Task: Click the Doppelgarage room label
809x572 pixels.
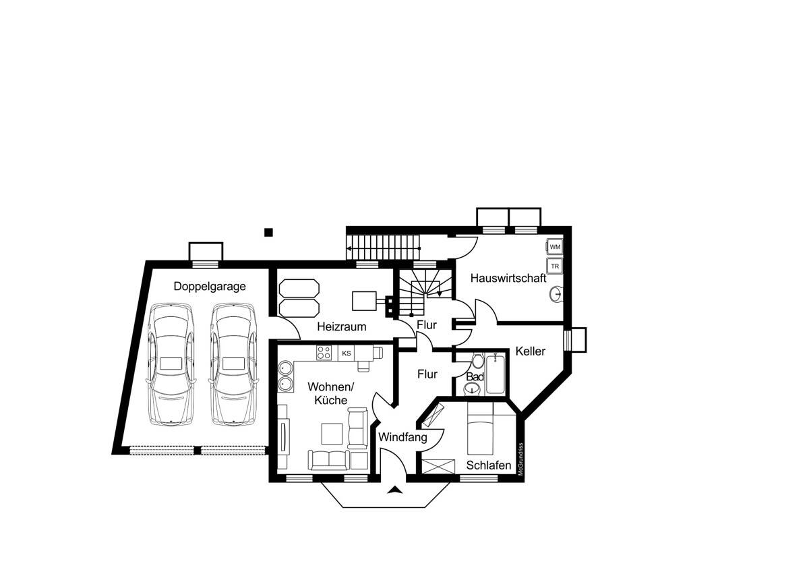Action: click(x=210, y=286)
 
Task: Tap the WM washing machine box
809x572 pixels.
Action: click(x=555, y=247)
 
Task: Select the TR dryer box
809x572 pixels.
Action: click(x=555, y=266)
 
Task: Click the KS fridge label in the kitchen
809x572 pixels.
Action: click(x=347, y=353)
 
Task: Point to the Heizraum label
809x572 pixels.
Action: click(x=342, y=327)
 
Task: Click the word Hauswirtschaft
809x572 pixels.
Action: click(x=508, y=278)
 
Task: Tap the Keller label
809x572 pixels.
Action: click(x=531, y=351)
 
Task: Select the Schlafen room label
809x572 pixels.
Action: click(x=489, y=465)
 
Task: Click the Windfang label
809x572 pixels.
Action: click(x=402, y=437)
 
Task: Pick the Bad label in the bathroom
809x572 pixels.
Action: click(x=474, y=376)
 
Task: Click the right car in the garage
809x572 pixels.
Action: click(x=233, y=364)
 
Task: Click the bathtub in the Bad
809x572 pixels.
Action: click(x=496, y=375)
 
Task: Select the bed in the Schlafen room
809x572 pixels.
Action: click(x=481, y=429)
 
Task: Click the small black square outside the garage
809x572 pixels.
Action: click(x=268, y=233)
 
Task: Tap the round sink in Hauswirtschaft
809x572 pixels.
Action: click(x=556, y=294)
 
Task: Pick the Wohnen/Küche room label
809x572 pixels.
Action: click(x=330, y=393)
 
